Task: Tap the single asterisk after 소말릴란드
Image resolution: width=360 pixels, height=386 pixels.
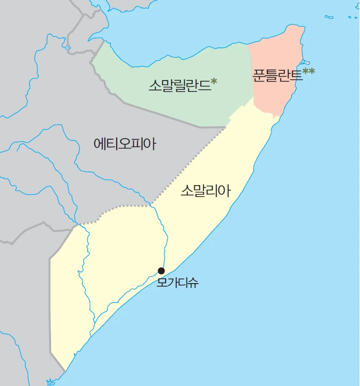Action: [214, 82]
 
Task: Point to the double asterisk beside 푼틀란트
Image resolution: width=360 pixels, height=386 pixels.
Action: [308, 71]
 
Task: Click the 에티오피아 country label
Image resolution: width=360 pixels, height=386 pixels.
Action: [125, 144]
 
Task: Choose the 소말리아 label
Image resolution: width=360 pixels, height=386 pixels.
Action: [205, 191]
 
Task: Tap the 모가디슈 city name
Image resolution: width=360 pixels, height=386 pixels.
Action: [178, 283]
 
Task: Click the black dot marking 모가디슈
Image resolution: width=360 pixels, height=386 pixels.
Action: [161, 270]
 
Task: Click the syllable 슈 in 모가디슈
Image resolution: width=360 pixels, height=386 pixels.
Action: [193, 283]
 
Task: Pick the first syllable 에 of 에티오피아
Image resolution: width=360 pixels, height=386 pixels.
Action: [100, 144]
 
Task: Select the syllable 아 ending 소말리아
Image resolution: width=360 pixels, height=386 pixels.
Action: [224, 191]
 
